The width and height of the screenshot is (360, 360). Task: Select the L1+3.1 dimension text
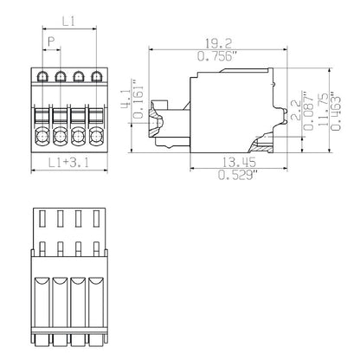tap(68, 162)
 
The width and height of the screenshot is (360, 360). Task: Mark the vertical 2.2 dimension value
tap(294, 112)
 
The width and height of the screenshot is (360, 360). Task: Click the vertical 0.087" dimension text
tap(310, 112)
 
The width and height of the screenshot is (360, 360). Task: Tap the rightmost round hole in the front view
tap(94, 135)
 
